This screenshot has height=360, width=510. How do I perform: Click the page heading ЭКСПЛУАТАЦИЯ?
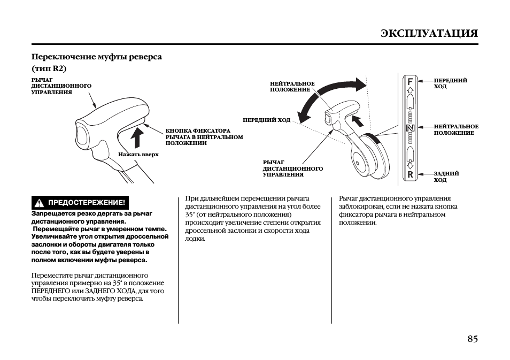[429, 33]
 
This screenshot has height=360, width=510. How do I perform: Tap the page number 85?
[472, 339]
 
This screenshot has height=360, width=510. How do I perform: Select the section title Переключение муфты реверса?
[96, 57]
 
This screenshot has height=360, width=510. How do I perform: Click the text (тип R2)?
[49, 69]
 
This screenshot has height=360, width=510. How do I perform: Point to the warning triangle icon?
[39, 203]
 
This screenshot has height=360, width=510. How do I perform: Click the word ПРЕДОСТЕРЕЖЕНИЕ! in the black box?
[86, 203]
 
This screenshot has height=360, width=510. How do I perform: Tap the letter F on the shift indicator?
[410, 82]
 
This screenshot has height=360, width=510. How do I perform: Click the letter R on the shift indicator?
[410, 174]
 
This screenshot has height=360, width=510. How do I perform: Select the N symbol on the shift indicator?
[410, 128]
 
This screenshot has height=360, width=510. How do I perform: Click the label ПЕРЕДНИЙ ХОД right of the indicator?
[450, 83]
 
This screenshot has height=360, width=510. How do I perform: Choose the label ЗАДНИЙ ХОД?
[446, 177]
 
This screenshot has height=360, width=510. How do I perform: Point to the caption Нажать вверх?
[138, 155]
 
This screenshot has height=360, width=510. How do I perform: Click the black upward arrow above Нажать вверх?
[137, 137]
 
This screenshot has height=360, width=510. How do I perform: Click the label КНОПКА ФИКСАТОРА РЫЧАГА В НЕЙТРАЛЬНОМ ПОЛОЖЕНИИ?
[204, 136]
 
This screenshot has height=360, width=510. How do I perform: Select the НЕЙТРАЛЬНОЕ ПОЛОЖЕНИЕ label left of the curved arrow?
[292, 87]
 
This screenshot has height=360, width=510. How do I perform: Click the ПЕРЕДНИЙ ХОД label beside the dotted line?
[266, 120]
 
